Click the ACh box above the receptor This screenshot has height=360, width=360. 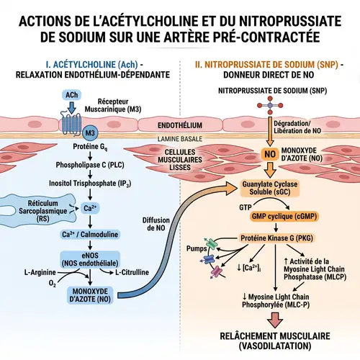[72, 95]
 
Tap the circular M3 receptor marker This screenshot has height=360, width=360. [89, 133]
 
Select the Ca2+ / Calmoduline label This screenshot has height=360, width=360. [90, 233]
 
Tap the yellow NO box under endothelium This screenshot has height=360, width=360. [271, 153]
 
